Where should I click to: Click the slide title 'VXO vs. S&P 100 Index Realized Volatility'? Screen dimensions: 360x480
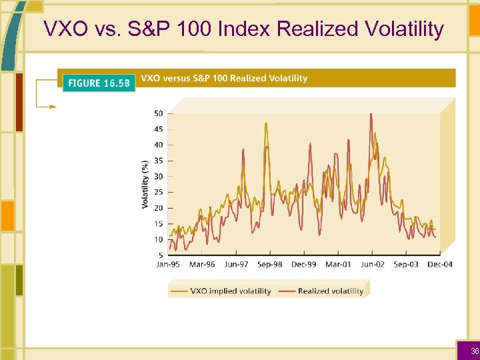[243, 29]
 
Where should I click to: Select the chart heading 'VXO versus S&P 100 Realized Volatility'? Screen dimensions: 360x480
[225, 79]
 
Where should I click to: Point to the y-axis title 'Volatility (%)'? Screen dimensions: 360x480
[145, 184]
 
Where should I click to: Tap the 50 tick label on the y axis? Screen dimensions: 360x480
[158, 113]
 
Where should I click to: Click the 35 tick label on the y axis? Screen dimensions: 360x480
[158, 161]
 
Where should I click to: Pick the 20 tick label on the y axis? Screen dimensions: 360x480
[158, 208]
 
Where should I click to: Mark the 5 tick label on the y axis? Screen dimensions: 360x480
[160, 255]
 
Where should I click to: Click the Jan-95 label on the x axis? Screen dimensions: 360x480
[168, 265]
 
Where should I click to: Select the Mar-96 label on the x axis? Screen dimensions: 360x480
[202, 265]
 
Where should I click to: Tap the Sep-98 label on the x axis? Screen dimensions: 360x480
[270, 265]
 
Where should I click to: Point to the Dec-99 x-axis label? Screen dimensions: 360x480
[304, 265]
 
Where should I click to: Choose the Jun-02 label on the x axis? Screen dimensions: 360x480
[372, 265]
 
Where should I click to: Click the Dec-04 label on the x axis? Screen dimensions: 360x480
[439, 265]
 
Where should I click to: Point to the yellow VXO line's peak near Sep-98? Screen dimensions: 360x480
[267, 123]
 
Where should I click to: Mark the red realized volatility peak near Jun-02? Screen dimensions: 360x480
[371, 114]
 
